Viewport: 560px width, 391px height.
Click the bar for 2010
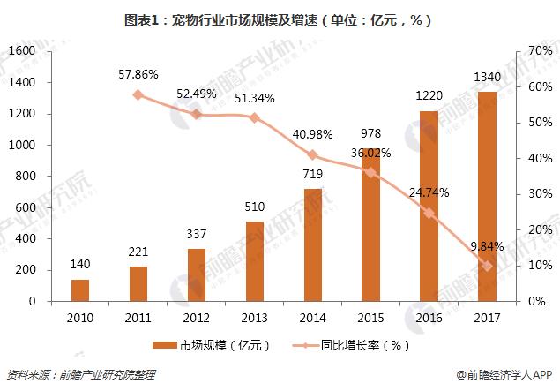coord(80,290)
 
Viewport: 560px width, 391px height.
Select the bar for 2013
coord(254,261)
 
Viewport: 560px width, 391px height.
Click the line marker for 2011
coord(138,94)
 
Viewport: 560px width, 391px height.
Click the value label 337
coord(196,237)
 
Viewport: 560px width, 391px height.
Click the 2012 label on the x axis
coord(196,316)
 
